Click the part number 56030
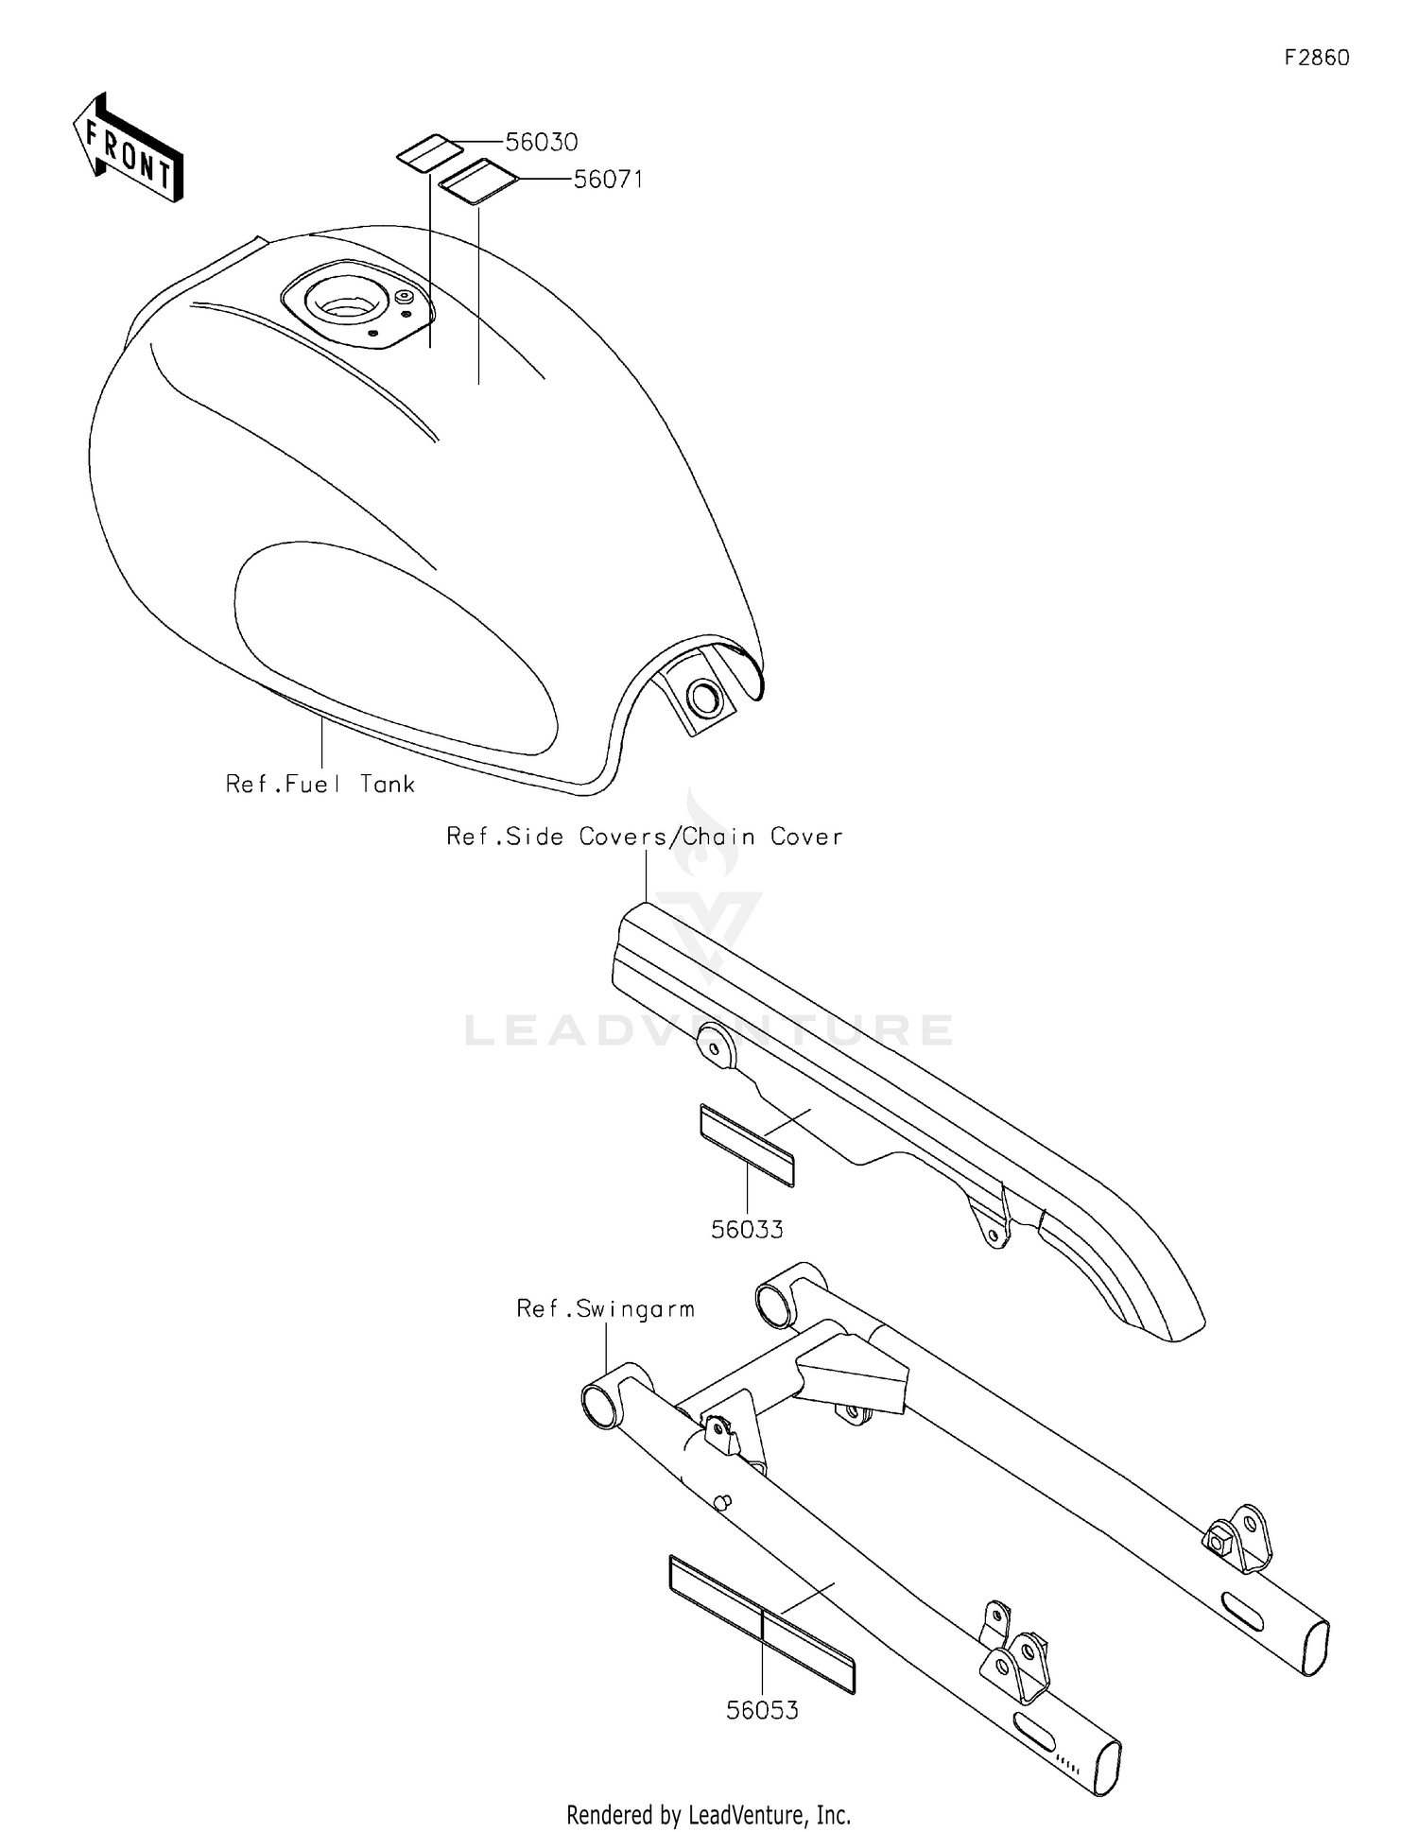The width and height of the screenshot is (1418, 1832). click(x=542, y=143)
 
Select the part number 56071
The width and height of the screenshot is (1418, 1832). click(x=609, y=180)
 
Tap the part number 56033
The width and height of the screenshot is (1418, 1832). click(x=747, y=1230)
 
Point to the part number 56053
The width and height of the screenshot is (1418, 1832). click(x=762, y=1710)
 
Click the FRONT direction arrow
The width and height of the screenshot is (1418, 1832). click(x=128, y=148)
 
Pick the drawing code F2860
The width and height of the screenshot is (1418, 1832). click(x=1317, y=58)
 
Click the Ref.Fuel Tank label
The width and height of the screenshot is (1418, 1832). click(x=320, y=784)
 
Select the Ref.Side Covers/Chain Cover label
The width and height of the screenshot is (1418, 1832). click(x=645, y=837)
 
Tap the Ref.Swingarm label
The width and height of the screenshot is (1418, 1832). click(x=606, y=1309)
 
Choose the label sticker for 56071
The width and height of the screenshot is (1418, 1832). click(x=478, y=181)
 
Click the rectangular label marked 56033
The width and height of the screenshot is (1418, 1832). click(x=747, y=1145)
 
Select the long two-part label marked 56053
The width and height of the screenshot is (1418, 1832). click(x=762, y=1623)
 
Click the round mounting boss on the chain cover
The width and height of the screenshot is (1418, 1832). click(x=717, y=1047)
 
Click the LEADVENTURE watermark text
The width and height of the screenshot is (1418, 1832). click(x=709, y=1029)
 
